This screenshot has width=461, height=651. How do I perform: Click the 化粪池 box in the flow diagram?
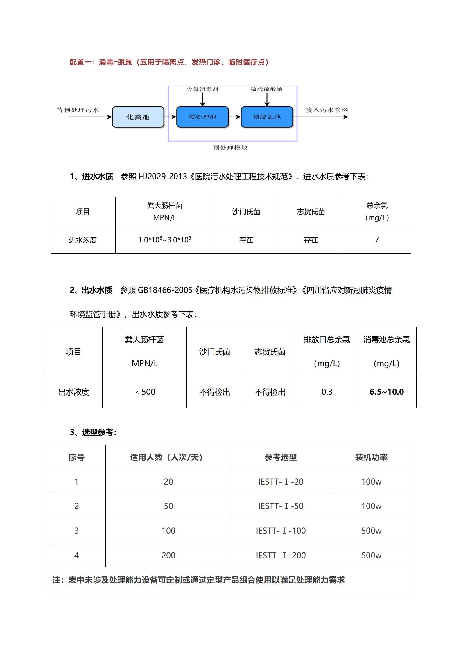[x=138, y=117]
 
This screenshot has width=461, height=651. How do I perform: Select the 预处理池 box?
[x=202, y=117]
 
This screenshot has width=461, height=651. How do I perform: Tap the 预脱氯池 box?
[x=267, y=117]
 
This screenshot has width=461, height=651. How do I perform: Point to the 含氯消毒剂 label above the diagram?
[x=202, y=89]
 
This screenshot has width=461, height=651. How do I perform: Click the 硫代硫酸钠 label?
[x=267, y=89]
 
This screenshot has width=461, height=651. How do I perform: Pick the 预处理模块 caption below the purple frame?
[x=230, y=148]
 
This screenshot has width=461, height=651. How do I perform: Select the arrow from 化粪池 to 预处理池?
[x=171, y=117]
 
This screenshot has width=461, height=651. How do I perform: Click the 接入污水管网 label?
[x=327, y=110]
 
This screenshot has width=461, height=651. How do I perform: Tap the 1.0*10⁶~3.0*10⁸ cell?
[x=164, y=240]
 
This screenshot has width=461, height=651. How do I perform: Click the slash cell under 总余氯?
[x=377, y=240]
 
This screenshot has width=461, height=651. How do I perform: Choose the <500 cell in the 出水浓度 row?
[x=145, y=392]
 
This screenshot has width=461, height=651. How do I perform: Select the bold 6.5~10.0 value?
[x=386, y=392]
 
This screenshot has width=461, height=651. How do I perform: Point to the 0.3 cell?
[x=327, y=392]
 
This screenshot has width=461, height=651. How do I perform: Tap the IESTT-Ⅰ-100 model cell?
[x=281, y=531]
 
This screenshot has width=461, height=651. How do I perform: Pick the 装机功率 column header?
[x=371, y=457]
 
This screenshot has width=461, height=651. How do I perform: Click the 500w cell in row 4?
[x=371, y=555]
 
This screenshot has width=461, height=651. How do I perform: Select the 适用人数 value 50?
[x=168, y=506]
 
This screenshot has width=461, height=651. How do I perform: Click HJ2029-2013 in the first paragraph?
[x=163, y=176]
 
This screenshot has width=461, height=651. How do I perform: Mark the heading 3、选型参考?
[x=93, y=432]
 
